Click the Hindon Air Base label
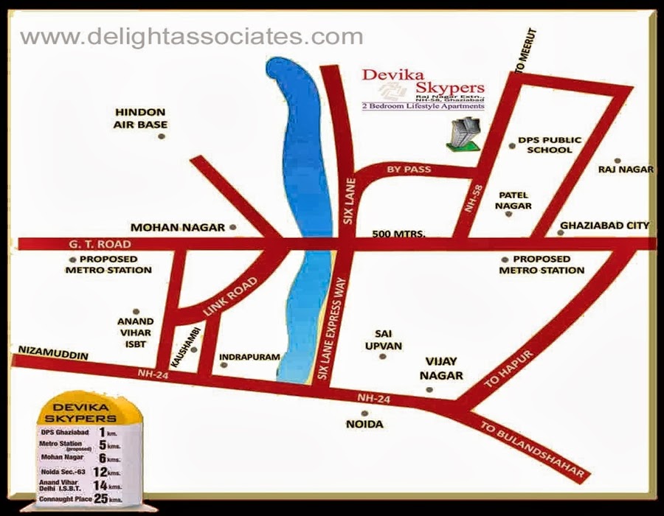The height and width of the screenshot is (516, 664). point(140,118)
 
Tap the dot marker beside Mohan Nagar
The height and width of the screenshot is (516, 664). point(232,227)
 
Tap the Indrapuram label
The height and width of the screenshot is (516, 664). point(250,357)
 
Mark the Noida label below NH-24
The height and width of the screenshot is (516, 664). point(364,424)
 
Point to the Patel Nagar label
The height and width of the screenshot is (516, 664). point(515,201)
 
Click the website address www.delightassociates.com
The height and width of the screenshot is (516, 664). point(191,37)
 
